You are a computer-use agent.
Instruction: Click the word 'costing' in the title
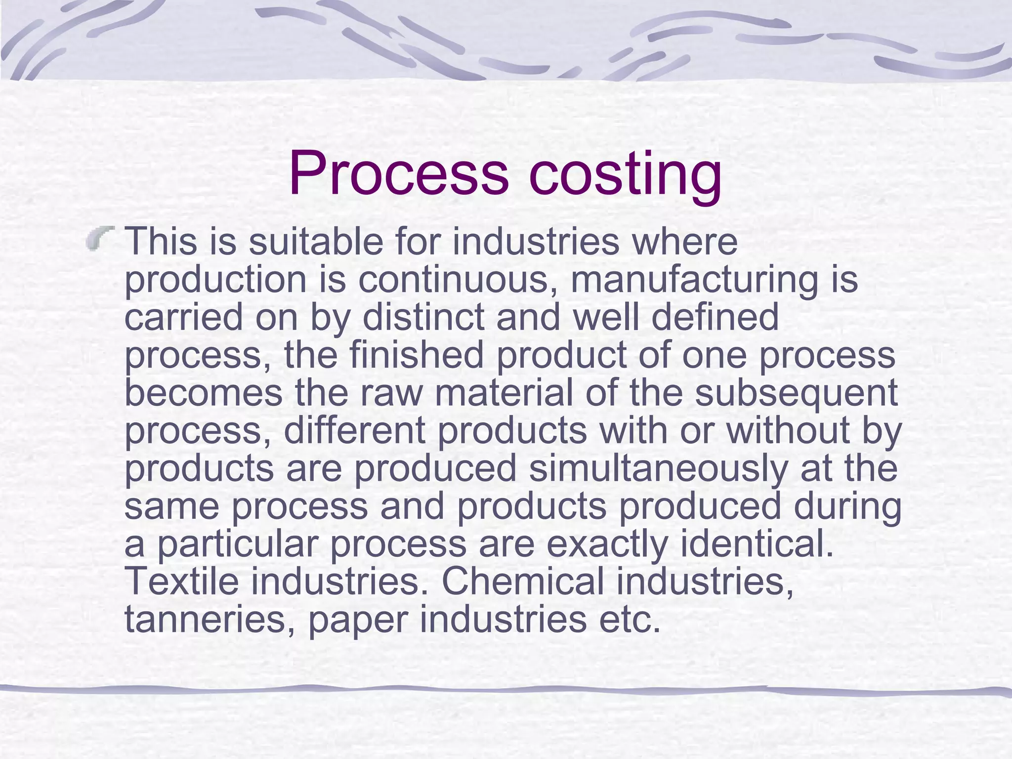coord(625,174)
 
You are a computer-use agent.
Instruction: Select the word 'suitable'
coord(316,242)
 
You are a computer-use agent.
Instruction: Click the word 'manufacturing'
coord(694,280)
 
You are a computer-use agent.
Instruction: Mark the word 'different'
coord(354,430)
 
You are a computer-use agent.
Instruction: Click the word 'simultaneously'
coord(658,468)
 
